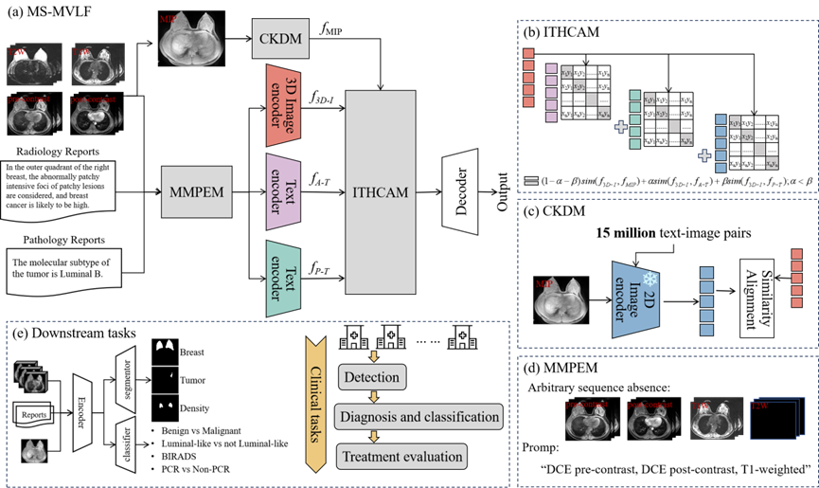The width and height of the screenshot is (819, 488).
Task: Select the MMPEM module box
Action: [x=196, y=191]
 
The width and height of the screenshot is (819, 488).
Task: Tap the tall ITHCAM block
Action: [x=381, y=192]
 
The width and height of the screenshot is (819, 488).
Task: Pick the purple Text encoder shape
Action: [x=283, y=191]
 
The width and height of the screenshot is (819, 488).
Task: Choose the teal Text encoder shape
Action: [x=283, y=279]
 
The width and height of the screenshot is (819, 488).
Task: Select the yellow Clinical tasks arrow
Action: [x=315, y=404]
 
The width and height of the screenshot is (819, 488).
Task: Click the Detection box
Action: [x=372, y=377]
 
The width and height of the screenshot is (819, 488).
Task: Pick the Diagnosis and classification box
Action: [x=419, y=417]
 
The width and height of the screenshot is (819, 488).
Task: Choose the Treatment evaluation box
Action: [x=402, y=456]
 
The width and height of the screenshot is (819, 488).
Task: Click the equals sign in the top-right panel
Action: [x=531, y=180]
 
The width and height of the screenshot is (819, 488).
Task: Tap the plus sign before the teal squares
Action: [x=621, y=126]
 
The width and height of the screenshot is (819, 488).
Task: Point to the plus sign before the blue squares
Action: [x=704, y=155]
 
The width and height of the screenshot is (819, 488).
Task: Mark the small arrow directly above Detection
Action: [x=373, y=356]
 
